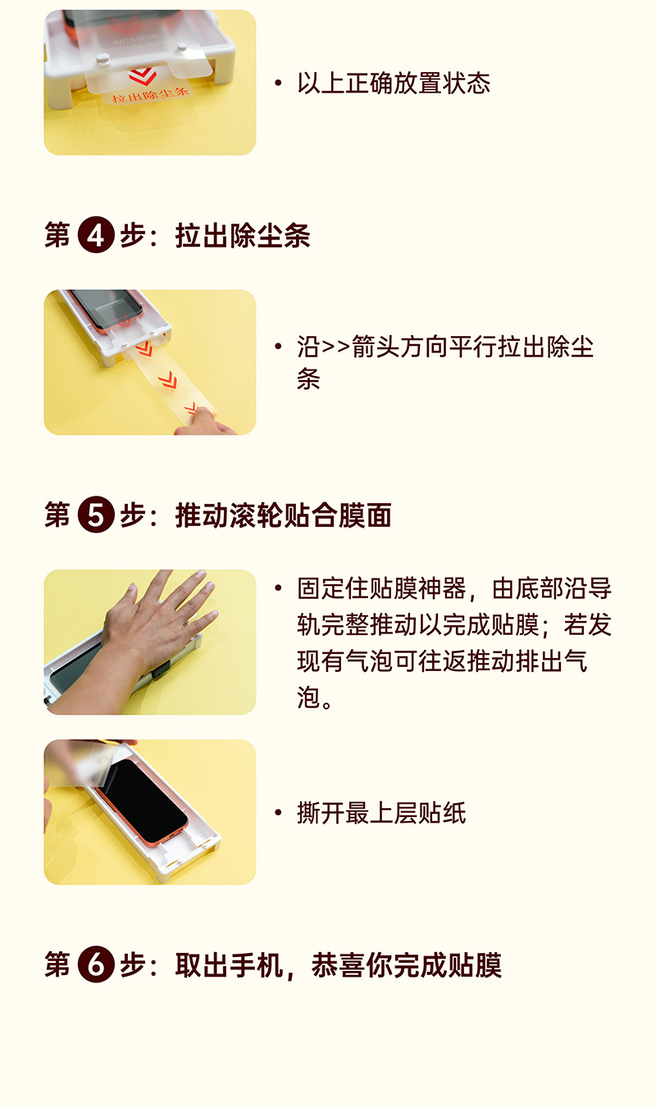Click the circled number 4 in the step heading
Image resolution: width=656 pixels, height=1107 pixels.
tap(96, 234)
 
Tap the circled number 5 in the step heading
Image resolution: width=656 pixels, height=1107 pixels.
tap(96, 515)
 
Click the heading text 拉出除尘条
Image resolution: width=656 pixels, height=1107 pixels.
tap(243, 235)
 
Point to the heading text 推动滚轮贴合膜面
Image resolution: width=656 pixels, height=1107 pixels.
tap(283, 515)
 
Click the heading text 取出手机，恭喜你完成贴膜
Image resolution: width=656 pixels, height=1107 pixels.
tap(339, 964)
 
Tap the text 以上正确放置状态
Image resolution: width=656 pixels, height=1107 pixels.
tap(394, 83)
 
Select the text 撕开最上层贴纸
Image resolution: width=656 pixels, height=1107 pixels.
tap(381, 813)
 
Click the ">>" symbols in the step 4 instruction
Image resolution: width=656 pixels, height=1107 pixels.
tap(335, 347)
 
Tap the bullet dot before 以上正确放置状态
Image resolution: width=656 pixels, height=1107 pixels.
tap(278, 83)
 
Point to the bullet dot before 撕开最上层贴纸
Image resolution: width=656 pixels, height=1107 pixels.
tap(278, 813)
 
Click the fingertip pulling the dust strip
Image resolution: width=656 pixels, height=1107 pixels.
tap(203, 415)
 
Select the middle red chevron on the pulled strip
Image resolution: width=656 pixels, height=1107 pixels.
tap(167, 380)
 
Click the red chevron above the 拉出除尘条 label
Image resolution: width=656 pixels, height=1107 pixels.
tap(143, 76)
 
